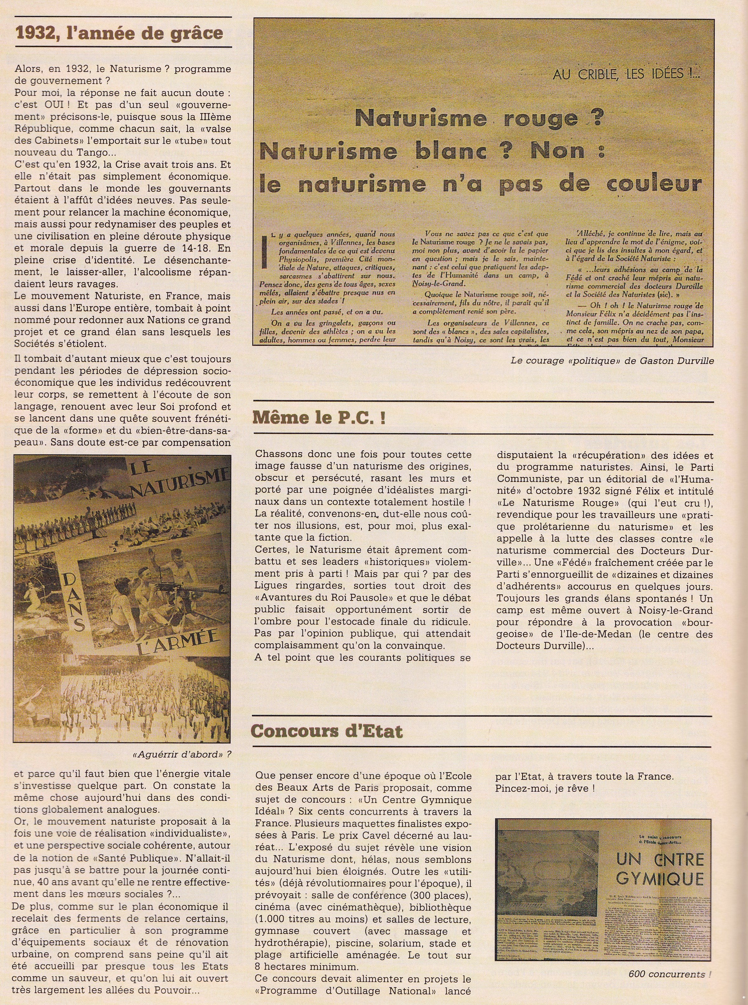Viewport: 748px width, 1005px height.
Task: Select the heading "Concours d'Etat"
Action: coord(326,731)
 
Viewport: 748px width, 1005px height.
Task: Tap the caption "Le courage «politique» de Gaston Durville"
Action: coord(612,361)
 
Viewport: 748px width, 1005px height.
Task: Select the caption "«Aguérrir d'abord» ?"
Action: coord(182,755)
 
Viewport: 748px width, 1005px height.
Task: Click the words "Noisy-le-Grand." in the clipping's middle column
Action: coord(435,284)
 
